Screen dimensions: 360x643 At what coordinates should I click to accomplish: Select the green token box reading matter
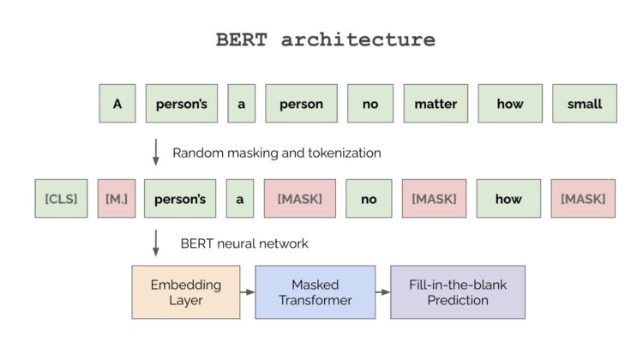(x=436, y=104)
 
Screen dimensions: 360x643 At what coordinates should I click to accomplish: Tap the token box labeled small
(x=584, y=104)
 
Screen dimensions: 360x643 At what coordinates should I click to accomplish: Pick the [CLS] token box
(x=61, y=199)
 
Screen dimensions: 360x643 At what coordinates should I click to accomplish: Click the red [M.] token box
(x=117, y=199)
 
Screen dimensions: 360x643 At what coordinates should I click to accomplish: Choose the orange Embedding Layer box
(x=185, y=292)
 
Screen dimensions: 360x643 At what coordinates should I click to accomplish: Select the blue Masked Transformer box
(x=315, y=292)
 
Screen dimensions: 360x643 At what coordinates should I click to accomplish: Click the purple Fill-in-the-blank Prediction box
(x=458, y=292)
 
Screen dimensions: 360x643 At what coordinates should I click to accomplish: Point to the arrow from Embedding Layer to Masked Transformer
(x=247, y=292)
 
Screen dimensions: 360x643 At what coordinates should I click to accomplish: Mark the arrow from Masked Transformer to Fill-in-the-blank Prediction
(x=383, y=292)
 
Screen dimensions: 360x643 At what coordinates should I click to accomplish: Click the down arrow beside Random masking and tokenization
(x=155, y=152)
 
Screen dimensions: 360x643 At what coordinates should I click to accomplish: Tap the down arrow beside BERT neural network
(x=155, y=243)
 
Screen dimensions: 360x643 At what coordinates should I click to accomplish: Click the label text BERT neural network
(x=244, y=243)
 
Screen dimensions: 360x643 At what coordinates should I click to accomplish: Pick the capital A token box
(x=117, y=104)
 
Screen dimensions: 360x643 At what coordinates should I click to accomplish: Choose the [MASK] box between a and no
(x=299, y=199)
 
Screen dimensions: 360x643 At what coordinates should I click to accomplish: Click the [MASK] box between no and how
(x=434, y=199)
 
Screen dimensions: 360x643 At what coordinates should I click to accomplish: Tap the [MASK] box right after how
(x=583, y=199)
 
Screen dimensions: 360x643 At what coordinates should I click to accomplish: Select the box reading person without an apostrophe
(x=301, y=104)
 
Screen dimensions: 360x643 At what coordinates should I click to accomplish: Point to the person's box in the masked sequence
(x=180, y=199)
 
